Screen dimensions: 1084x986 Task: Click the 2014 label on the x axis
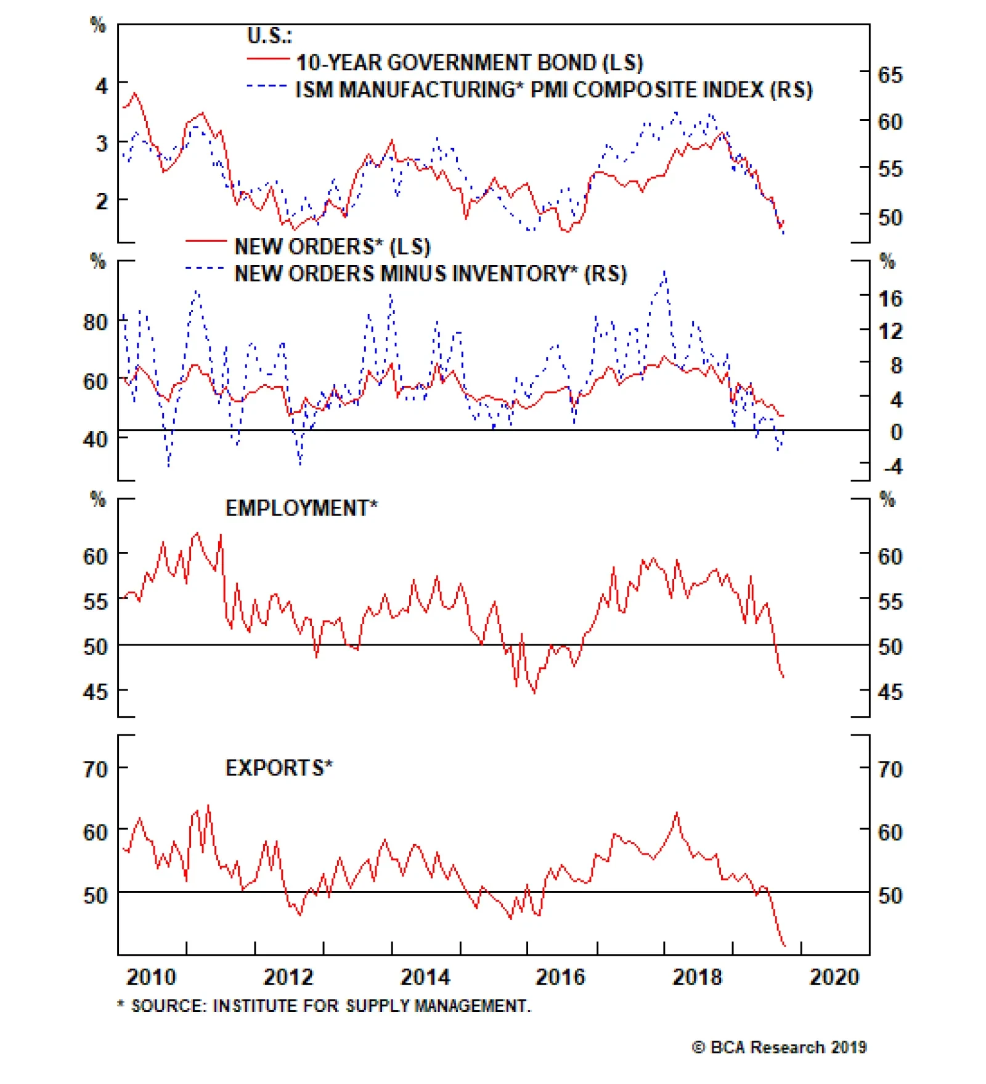[425, 977]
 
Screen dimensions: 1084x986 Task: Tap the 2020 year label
[834, 977]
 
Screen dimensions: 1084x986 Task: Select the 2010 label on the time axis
[151, 977]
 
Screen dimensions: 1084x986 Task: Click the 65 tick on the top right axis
[890, 75]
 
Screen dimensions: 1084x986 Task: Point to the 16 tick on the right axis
[890, 299]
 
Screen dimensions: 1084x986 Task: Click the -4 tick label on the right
[892, 466]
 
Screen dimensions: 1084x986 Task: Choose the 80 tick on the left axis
[96, 322]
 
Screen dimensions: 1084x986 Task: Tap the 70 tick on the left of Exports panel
[96, 769]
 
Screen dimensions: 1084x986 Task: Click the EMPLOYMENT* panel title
[301, 508]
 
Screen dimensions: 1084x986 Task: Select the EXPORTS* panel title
[279, 768]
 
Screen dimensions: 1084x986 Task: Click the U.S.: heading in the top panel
[269, 36]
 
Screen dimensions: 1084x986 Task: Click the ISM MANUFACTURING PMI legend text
[553, 90]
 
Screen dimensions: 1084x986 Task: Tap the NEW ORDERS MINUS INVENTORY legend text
[430, 273]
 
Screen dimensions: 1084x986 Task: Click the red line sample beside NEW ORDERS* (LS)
[206, 240]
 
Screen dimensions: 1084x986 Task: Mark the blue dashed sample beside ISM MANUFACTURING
[267, 86]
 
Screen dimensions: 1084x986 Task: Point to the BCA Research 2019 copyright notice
[780, 1047]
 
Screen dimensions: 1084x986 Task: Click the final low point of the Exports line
[784, 945]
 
